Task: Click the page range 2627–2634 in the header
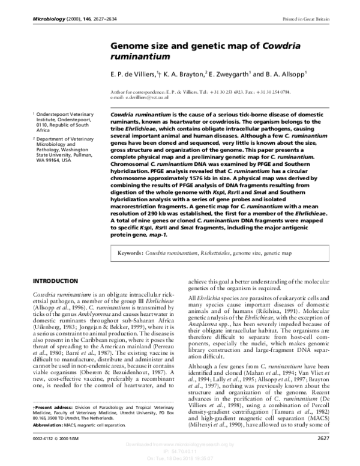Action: (91, 19)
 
